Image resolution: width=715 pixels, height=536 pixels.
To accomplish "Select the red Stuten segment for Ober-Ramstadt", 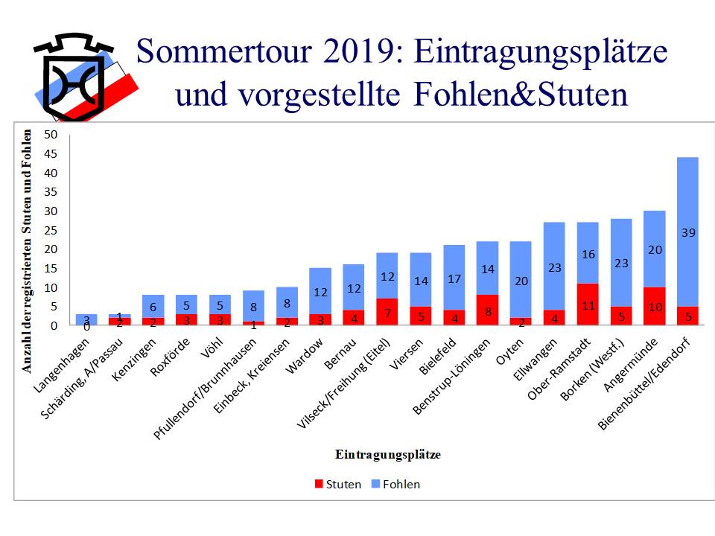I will [x=587, y=304].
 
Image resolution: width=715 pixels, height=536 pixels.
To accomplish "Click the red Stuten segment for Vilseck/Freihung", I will [x=387, y=312].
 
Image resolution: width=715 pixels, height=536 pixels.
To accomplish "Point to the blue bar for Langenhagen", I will [x=86, y=319].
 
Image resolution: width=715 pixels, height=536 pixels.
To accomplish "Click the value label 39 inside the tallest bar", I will [x=687, y=233].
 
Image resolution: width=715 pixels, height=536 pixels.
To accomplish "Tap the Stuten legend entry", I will [x=337, y=485].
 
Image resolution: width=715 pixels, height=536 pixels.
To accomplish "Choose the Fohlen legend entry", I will [x=396, y=485].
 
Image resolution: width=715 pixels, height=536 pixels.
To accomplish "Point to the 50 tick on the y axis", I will [x=51, y=135].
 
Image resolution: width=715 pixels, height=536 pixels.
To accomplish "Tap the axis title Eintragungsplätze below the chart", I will [x=387, y=454].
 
